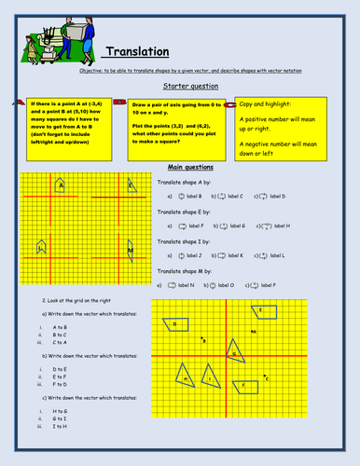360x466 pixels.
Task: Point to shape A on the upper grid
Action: point(61,185)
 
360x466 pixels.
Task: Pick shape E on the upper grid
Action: point(131,185)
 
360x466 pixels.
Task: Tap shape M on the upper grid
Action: point(130,250)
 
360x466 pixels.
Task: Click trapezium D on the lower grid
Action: point(173,324)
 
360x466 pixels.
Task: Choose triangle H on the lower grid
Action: point(186,377)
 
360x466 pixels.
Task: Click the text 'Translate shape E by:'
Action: point(180,214)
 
